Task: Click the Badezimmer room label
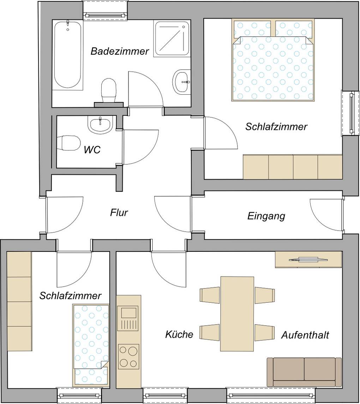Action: [x=120, y=52]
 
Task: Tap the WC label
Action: [x=92, y=150]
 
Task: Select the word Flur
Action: [x=119, y=213]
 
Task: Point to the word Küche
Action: [x=179, y=334]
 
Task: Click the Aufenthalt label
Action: [x=305, y=335]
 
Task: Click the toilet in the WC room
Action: [x=69, y=143]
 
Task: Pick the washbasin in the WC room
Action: [x=100, y=124]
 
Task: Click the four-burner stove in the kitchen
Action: [x=128, y=357]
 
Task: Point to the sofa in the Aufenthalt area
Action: [x=304, y=372]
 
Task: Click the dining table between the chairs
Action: [x=237, y=314]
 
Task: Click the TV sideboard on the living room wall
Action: [x=308, y=260]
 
